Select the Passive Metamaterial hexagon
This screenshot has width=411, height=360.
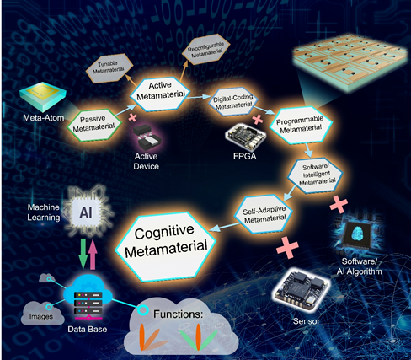pos(94,125)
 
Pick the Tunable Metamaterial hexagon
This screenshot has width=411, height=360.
pos(109,68)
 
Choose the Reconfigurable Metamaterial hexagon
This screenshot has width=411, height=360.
pos(206,49)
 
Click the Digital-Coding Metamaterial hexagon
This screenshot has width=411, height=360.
pos(233,102)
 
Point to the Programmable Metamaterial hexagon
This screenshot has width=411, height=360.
pos(301,126)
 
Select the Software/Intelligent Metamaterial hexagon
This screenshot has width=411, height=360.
pos(316,175)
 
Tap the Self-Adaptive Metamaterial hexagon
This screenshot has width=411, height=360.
pos(264,214)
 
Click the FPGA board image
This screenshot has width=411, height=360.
pos(246,137)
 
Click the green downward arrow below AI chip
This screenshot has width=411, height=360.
pos(83,254)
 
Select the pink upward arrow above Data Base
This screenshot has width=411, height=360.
pos(93,255)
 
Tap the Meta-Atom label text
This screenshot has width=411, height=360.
pos(44,117)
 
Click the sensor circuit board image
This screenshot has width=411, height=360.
pos(302,290)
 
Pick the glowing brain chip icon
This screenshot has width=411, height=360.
pos(358,234)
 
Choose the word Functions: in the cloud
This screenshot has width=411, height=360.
pos(178,314)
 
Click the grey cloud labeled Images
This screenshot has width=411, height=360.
pos(42,313)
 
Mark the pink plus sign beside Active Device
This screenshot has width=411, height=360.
pos(133,117)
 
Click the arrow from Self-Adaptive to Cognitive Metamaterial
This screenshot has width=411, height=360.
pos(227,227)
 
